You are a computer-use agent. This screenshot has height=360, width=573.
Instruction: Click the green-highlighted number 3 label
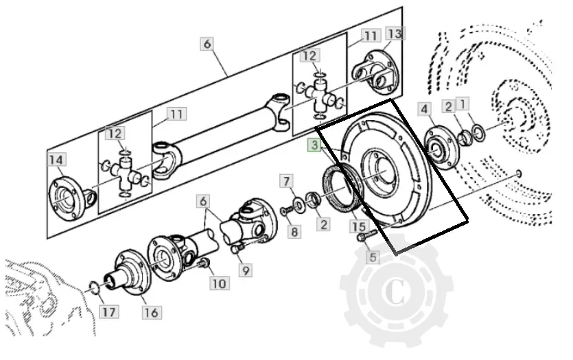tap(314, 145)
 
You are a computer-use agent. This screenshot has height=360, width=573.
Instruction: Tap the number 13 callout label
tap(395, 34)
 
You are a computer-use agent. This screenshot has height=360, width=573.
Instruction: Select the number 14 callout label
tap(56, 160)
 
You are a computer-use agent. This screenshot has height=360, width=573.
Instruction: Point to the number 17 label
tap(109, 312)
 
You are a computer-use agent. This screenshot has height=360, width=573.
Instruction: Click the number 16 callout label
tap(152, 313)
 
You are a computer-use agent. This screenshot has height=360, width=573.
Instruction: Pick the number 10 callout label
tap(220, 283)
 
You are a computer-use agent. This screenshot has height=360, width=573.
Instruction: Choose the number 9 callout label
tap(246, 271)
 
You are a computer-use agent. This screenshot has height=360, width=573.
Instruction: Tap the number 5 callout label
tap(373, 257)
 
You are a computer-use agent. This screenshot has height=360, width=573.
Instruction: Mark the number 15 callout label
tap(359, 227)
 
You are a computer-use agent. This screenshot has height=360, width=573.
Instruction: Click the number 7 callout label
tap(287, 182)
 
